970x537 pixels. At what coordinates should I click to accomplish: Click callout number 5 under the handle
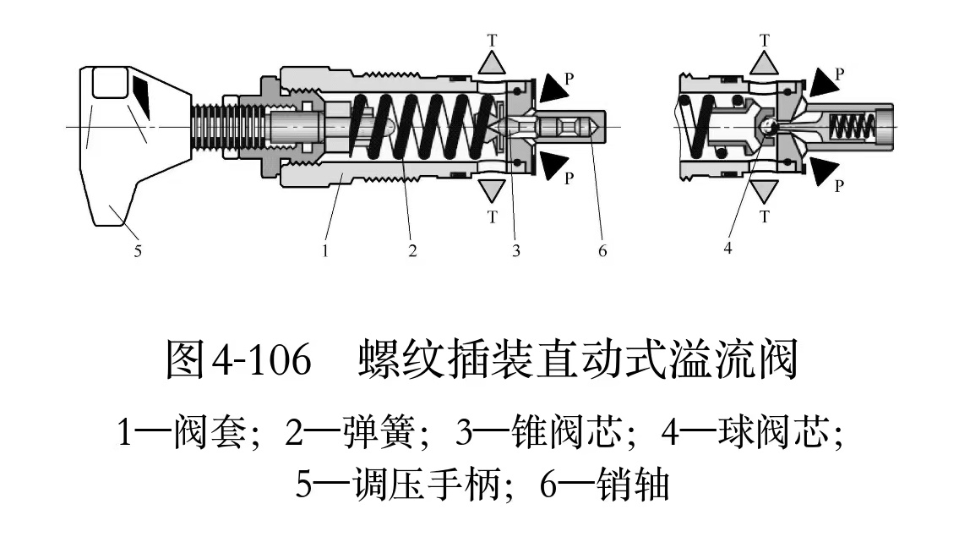click(138, 250)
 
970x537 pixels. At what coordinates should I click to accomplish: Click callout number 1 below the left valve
click(324, 250)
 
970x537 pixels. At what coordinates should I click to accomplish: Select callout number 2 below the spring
click(412, 250)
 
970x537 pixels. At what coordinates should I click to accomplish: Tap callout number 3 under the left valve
click(515, 250)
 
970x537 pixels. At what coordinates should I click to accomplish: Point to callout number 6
click(602, 250)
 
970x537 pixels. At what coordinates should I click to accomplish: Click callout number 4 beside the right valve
click(728, 248)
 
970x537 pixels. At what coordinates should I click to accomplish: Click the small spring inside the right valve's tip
click(851, 127)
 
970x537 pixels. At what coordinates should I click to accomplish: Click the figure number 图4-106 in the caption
click(238, 361)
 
